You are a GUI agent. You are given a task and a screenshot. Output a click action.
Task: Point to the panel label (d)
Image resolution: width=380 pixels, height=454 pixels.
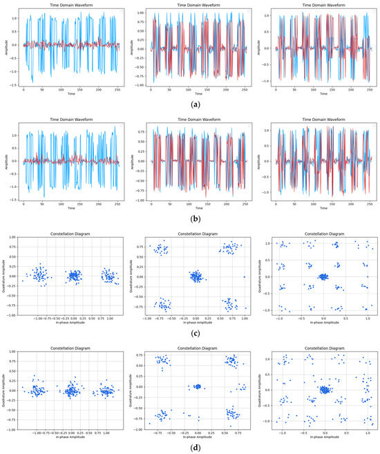point(190,446)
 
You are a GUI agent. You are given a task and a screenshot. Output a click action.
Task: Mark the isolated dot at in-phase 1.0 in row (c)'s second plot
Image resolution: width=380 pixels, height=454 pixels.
point(245,276)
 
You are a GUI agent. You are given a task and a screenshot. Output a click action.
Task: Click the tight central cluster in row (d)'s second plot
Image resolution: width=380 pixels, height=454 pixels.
point(198,387)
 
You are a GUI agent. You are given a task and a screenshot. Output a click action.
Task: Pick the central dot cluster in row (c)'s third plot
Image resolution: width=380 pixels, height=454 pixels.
point(323,276)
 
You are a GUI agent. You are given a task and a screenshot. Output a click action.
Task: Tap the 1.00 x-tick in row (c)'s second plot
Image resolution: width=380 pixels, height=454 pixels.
point(245,319)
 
